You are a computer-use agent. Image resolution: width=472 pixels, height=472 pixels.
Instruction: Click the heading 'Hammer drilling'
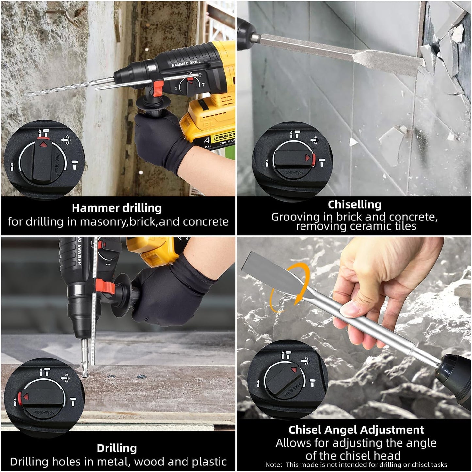[x=117, y=208]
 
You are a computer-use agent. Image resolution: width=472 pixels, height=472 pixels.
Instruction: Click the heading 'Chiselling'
[x=354, y=204]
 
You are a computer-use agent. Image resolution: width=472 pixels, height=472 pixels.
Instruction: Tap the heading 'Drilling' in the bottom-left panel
[x=117, y=448]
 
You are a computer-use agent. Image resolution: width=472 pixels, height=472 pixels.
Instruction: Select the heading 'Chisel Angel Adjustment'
[x=356, y=430]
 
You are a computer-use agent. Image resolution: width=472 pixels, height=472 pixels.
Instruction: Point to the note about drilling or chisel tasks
[x=356, y=464]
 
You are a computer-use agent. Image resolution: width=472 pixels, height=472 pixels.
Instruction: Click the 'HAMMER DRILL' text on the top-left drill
[x=186, y=63]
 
